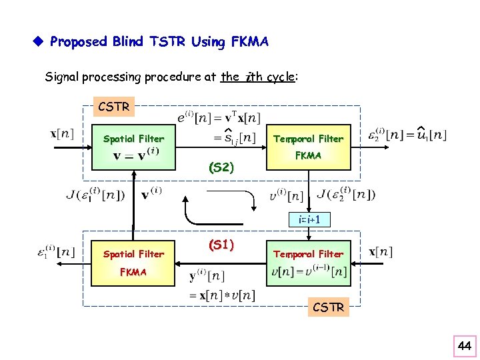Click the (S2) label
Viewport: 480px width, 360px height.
pos(221,167)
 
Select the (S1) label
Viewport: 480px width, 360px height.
pos(221,245)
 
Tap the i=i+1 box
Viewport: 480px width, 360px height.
pos(309,219)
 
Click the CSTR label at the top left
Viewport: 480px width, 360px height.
pos(114,106)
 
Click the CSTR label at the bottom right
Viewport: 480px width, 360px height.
pos(329,307)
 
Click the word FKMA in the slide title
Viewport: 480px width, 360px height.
pos(247,42)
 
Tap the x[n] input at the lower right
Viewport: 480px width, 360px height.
pos(381,251)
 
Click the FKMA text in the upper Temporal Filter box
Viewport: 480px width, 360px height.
pos(308,155)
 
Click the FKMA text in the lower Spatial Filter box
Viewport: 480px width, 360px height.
pos(133,271)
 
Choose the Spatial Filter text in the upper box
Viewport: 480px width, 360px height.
pos(133,139)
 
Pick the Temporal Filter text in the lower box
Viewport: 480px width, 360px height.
pos(308,253)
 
